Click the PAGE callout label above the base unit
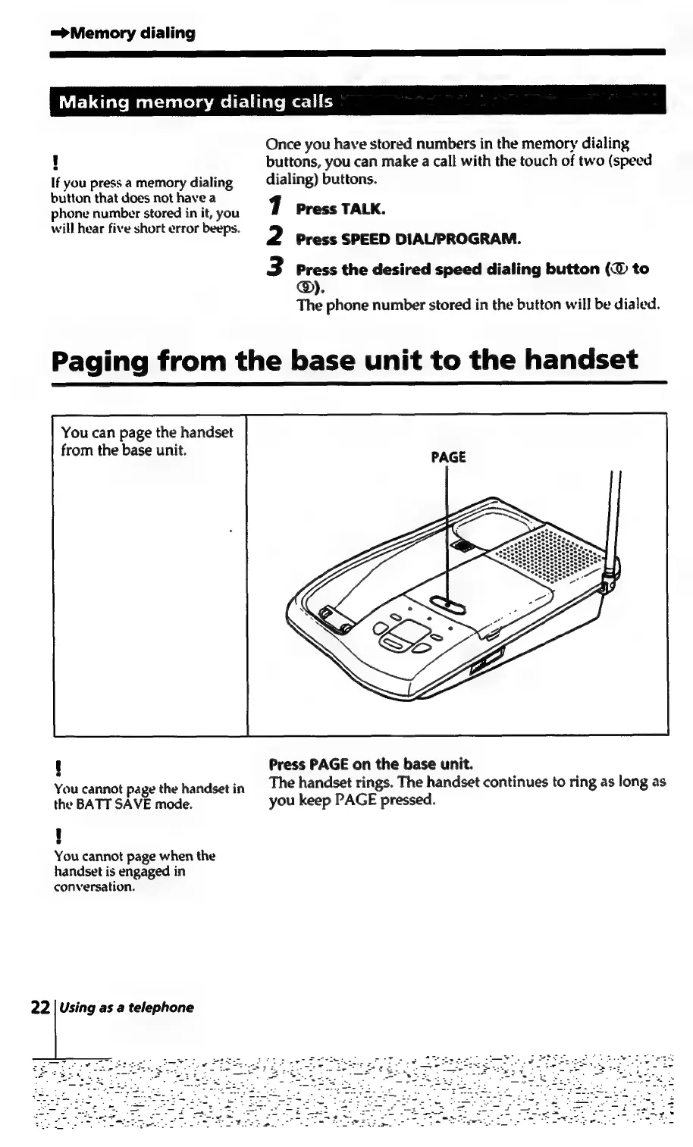[x=448, y=457]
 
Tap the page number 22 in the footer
[x=40, y=1008]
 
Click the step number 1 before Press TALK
[x=278, y=206]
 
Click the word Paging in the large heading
[x=102, y=360]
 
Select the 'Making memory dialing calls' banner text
[x=196, y=102]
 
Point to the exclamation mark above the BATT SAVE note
[x=57, y=766]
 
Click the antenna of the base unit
[x=612, y=523]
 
